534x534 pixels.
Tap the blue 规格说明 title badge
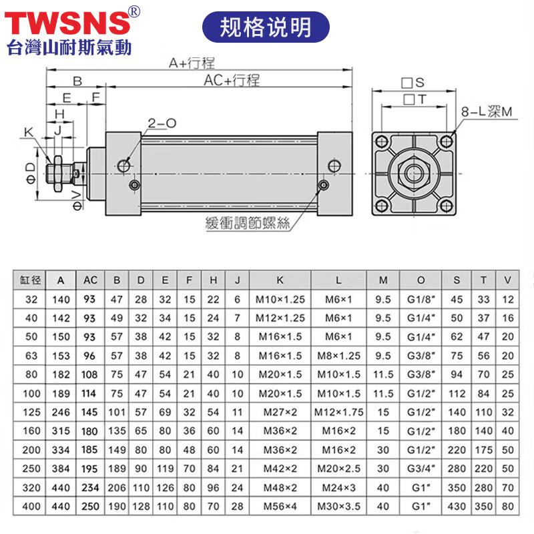tap(266, 27)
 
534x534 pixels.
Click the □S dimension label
tap(413, 83)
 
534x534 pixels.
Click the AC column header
tap(89, 280)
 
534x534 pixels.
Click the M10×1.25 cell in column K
tap(280, 300)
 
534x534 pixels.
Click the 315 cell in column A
tap(62, 432)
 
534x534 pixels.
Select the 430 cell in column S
tap(457, 507)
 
